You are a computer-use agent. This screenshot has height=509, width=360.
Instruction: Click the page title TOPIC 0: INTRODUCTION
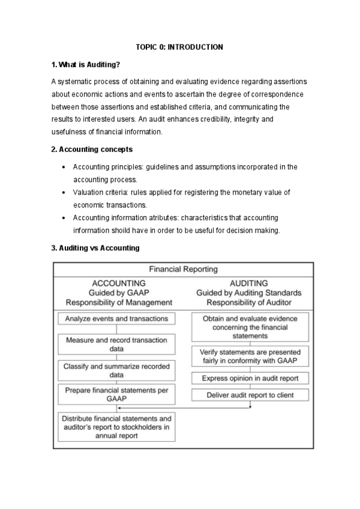point(179,47)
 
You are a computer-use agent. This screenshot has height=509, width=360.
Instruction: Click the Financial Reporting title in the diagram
point(183,270)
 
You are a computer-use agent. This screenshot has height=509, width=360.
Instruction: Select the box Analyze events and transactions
point(116,318)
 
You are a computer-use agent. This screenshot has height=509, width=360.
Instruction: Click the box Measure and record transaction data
point(116,344)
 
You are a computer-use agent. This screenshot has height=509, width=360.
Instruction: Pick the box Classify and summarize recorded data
point(116,370)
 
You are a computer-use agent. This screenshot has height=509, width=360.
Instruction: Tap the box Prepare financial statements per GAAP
point(116,394)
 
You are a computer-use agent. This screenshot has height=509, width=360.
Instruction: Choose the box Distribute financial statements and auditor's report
point(116,427)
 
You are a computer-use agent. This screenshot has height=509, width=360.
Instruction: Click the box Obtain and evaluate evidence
point(250,327)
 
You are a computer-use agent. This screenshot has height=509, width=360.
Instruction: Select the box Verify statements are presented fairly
point(250,357)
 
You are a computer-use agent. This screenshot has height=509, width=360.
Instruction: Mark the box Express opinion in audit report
point(250,378)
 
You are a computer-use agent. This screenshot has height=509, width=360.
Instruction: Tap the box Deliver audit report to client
point(250,395)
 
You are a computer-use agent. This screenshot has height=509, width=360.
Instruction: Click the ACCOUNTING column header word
point(119,283)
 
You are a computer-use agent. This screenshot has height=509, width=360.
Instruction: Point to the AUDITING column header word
point(248,283)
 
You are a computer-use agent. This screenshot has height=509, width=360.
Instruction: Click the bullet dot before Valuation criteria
point(64,193)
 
